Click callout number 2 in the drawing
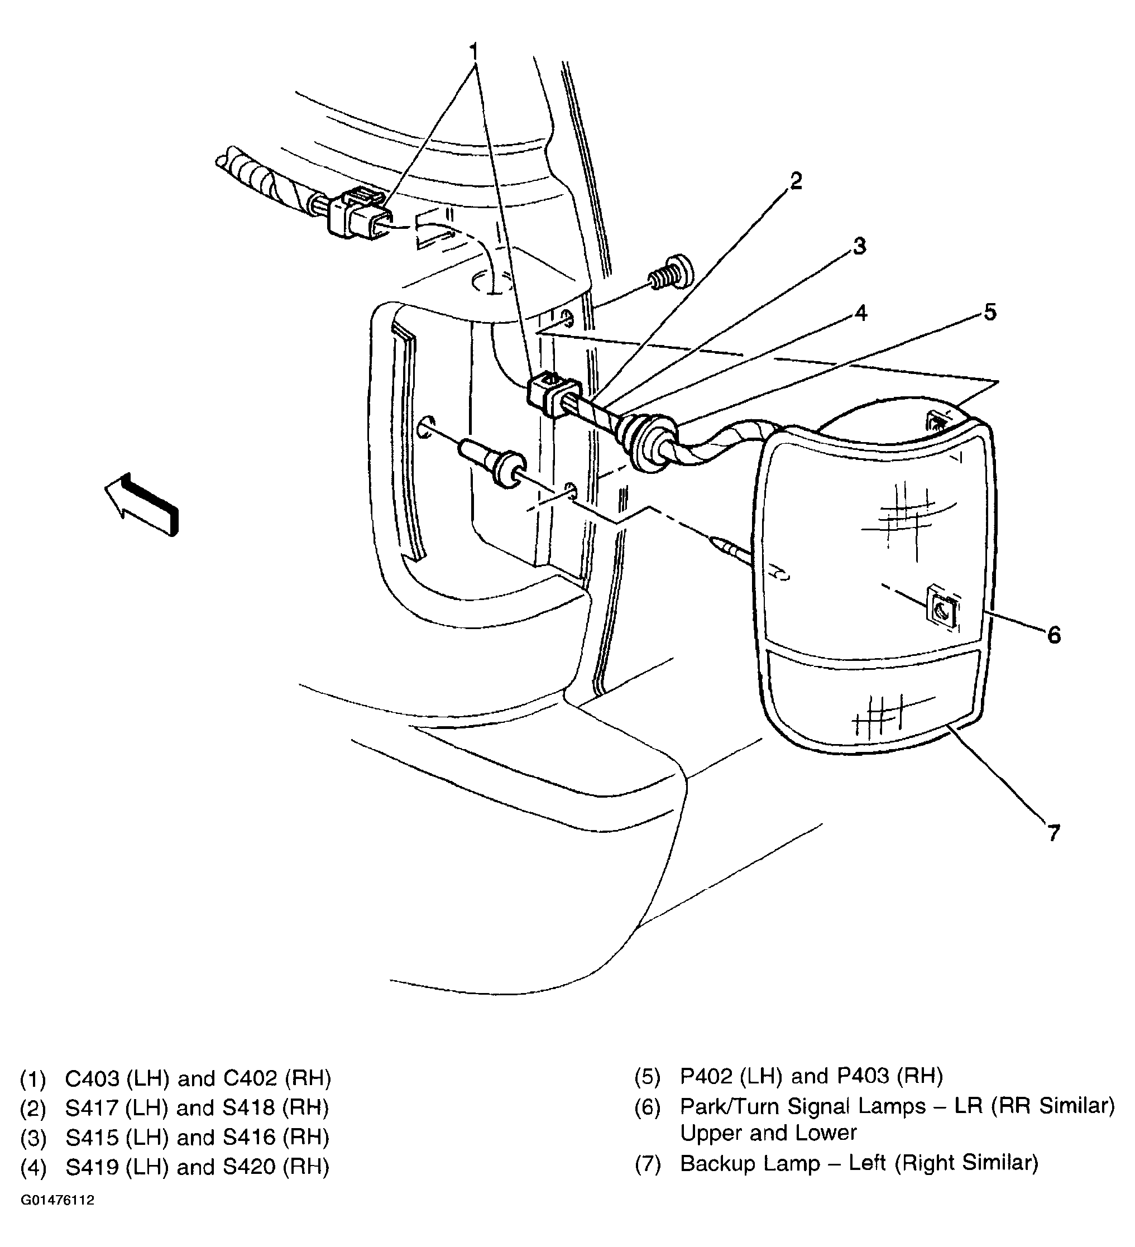coord(796,181)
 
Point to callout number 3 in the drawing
coord(859,246)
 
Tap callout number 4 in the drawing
coord(860,313)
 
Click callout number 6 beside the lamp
coord(1053,635)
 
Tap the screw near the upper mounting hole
coord(671,275)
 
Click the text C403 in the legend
coord(92,1079)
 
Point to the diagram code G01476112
coord(58,1218)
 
